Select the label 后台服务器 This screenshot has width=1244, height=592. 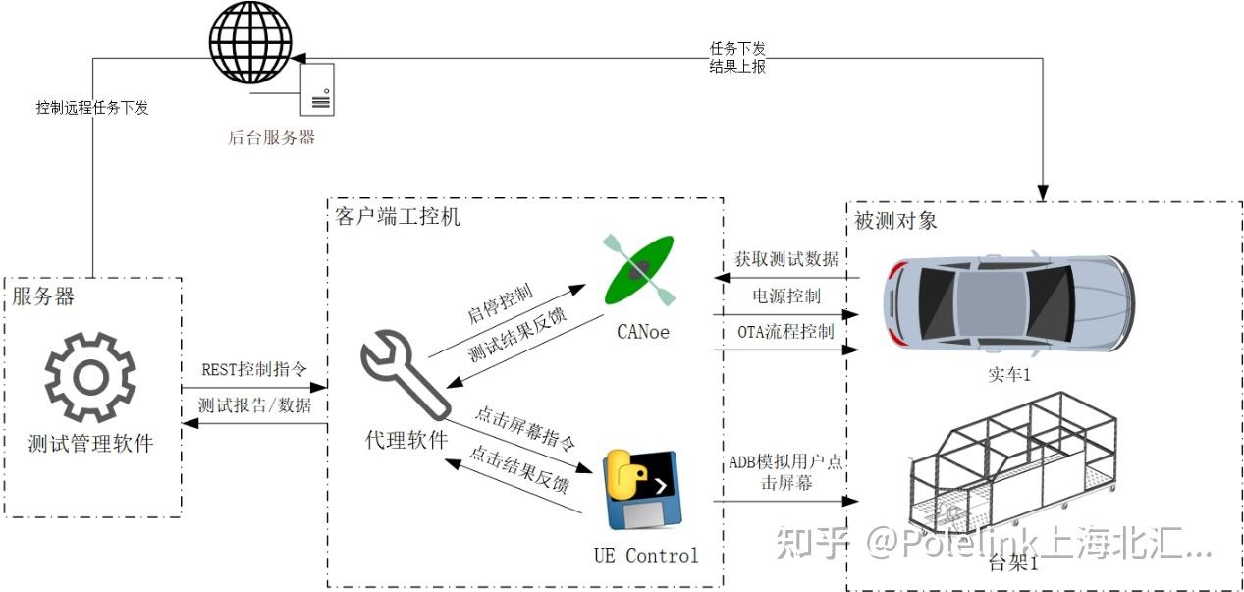coord(271,137)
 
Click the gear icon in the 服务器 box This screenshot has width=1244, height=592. coord(90,378)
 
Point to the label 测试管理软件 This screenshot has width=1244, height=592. coord(90,443)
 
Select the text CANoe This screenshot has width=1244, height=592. coord(643,332)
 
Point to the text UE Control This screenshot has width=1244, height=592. coord(646,556)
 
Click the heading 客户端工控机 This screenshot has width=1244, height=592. coord(398,215)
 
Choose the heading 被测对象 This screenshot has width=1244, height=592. coord(895,220)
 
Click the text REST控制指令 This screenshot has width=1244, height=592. coord(254,369)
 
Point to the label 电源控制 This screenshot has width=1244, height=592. coord(786,296)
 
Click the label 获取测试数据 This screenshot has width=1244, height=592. coord(786,259)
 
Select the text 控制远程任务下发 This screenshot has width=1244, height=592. coord(92,108)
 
